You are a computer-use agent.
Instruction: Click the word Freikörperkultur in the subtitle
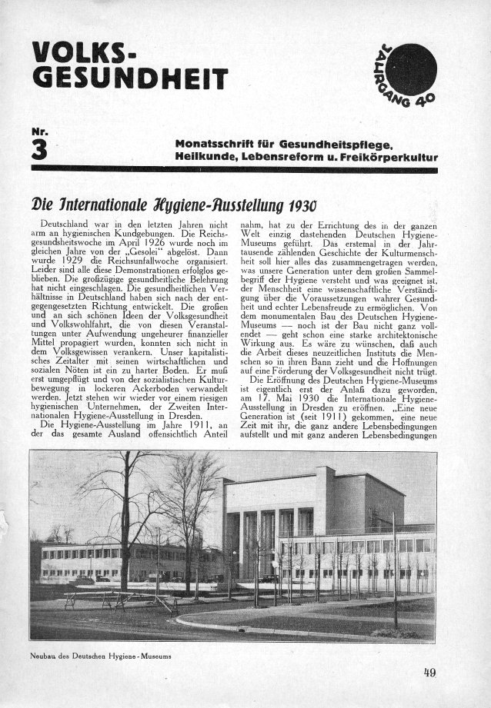393,158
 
